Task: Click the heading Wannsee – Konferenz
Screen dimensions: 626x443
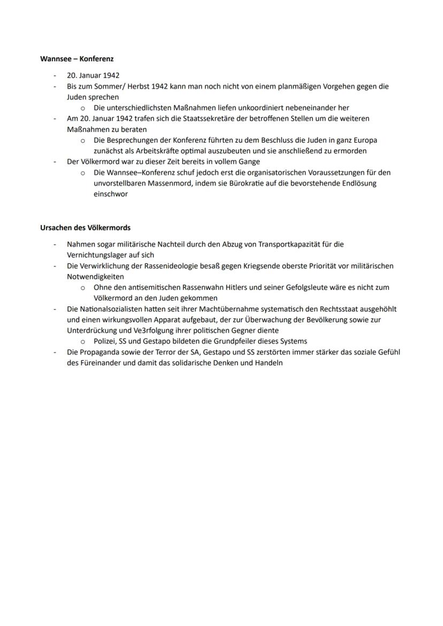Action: click(x=77, y=59)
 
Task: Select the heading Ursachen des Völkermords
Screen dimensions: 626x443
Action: click(x=86, y=228)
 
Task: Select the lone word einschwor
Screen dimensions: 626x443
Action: click(x=110, y=194)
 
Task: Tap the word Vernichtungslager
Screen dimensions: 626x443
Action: click(x=97, y=255)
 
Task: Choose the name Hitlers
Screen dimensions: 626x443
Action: click(x=228, y=287)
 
